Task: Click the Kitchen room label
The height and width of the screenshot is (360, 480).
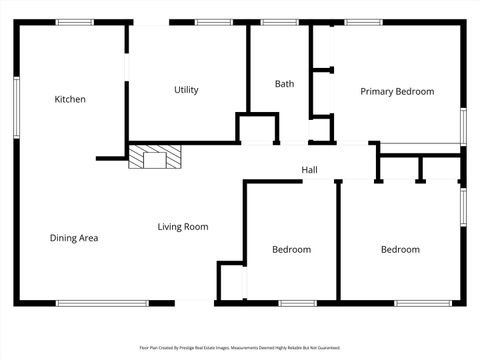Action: click(70, 99)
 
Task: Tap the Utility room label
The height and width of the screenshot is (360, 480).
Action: click(186, 90)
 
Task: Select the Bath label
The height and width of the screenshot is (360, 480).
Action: click(284, 84)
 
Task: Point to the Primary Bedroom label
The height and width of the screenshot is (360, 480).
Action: click(397, 91)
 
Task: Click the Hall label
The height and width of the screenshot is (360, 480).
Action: click(310, 170)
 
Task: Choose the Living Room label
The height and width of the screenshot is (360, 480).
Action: click(183, 227)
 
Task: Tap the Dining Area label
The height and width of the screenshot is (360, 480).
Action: click(74, 238)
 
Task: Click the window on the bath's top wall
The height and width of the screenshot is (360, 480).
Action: click(279, 22)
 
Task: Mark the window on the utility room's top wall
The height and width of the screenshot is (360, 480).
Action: click(213, 22)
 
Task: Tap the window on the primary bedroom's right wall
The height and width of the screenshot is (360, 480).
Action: click(462, 125)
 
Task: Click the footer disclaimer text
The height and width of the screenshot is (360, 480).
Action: click(240, 348)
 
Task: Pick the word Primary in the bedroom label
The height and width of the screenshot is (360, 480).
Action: click(378, 91)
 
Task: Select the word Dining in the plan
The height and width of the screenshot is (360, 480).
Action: click(63, 238)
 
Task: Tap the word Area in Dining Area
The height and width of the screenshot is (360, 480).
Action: click(88, 238)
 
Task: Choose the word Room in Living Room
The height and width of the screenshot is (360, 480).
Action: click(196, 227)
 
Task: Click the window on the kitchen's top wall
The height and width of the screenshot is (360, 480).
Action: click(75, 22)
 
